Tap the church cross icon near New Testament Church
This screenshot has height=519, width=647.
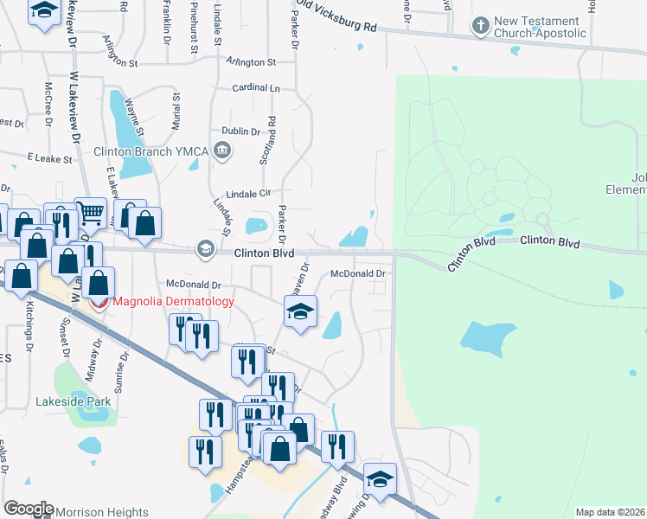pyautogui.click(x=480, y=26)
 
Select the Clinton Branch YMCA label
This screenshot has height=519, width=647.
pyautogui.click(x=157, y=152)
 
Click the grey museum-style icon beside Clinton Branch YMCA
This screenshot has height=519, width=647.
pyautogui.click(x=222, y=153)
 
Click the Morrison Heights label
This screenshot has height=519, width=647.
pyautogui.click(x=102, y=513)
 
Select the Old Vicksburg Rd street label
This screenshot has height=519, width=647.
pyautogui.click(x=336, y=16)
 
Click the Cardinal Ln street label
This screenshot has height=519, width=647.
pyautogui.click(x=257, y=89)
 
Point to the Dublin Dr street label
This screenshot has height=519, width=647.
pyautogui.click(x=241, y=131)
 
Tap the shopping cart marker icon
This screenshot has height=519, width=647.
pyautogui.click(x=90, y=212)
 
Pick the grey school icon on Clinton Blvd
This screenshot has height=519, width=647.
pyautogui.click(x=206, y=249)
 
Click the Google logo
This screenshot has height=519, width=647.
pyautogui.click(x=29, y=509)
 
